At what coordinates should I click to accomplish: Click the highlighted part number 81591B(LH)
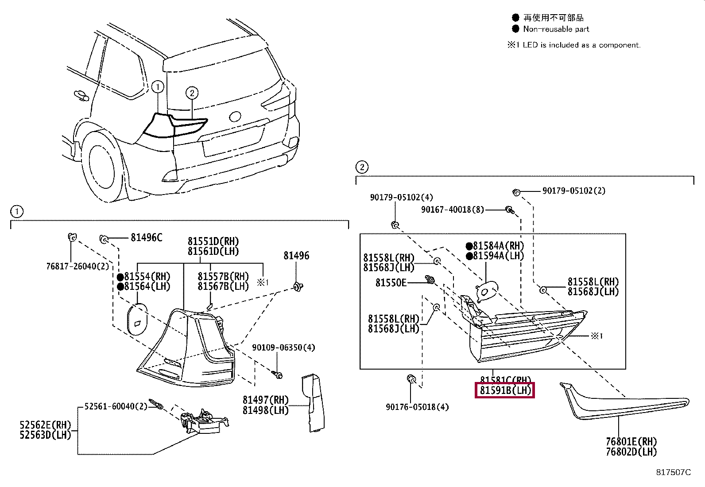coord(504,391)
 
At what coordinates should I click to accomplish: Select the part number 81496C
coord(146,238)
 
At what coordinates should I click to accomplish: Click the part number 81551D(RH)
coord(213,242)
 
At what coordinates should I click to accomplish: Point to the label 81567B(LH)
coord(223,286)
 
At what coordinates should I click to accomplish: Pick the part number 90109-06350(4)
coord(283,347)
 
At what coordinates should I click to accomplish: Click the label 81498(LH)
coord(265,410)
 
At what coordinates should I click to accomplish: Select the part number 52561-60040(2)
coord(113,406)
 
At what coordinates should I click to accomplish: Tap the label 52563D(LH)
coord(45,435)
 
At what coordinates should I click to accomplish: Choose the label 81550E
coord(391,282)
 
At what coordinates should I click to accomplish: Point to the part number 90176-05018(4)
coord(417,407)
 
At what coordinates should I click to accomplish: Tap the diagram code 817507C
coord(673,472)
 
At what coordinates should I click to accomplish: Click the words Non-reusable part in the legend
coord(556,29)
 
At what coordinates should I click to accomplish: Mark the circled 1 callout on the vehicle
coord(157,87)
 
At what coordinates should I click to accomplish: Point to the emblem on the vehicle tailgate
coord(235,117)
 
